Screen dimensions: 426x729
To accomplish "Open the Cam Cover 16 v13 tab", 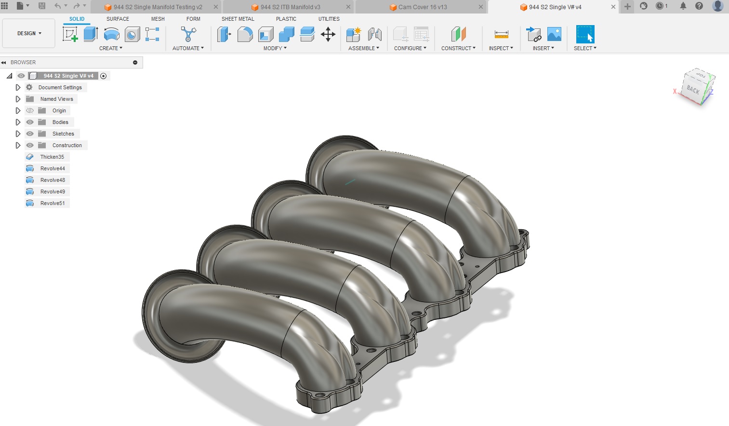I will pyautogui.click(x=422, y=7).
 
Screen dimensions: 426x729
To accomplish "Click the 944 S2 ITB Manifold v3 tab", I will pyautogui.click(x=290, y=7).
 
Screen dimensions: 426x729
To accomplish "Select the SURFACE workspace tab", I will pyautogui.click(x=118, y=19).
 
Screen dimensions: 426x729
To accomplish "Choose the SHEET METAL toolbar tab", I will pyautogui.click(x=238, y=19).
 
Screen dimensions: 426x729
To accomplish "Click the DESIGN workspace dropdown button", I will pyautogui.click(x=29, y=33).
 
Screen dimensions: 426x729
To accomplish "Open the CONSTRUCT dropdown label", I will pyautogui.click(x=458, y=48).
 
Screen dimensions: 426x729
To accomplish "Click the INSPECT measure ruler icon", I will pyautogui.click(x=501, y=34).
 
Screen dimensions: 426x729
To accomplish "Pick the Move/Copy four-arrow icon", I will pyautogui.click(x=328, y=34).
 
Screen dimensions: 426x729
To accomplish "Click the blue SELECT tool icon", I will pyautogui.click(x=585, y=34).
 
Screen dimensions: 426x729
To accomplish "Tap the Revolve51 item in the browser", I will pyautogui.click(x=53, y=203).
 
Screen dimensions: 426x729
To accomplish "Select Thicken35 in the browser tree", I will pyautogui.click(x=52, y=157).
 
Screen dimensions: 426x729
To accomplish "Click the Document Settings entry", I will pyautogui.click(x=60, y=87).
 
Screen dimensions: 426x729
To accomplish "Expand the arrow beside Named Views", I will pyautogui.click(x=18, y=99).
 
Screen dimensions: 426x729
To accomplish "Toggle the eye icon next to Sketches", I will pyautogui.click(x=30, y=134).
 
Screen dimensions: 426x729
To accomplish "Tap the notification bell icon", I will pyautogui.click(x=683, y=6).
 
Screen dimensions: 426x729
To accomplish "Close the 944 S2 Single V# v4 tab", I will pyautogui.click(x=613, y=7).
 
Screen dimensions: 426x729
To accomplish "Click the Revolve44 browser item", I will pyautogui.click(x=53, y=168).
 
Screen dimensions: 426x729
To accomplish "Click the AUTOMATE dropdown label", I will pyautogui.click(x=188, y=48).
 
